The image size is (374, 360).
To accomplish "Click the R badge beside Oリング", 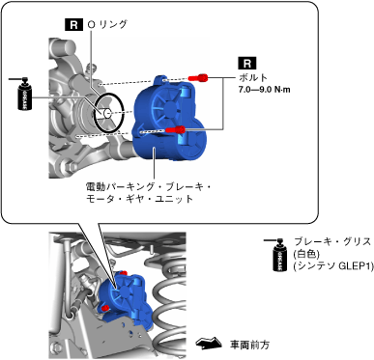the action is coord(73,25).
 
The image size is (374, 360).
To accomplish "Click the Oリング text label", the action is coord(107,25).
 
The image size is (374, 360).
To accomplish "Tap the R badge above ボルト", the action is coord(247,63).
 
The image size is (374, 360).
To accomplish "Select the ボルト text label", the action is coord(253,78).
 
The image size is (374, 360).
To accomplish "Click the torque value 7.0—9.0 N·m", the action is coord(264,90).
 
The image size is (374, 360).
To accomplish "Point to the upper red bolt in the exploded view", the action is coord(198,77).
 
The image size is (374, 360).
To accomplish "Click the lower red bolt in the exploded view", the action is coord(175,129).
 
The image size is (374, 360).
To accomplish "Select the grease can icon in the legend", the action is coord(279,255).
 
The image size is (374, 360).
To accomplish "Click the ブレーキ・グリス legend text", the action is coord(332,241).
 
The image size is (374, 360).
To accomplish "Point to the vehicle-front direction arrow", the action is coord(209,344).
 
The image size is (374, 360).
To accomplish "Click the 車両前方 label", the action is coord(249,345).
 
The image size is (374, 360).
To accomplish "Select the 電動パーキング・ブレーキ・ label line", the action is coord(149,186).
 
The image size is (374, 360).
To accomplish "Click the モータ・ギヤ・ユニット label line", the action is coord(139,199).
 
